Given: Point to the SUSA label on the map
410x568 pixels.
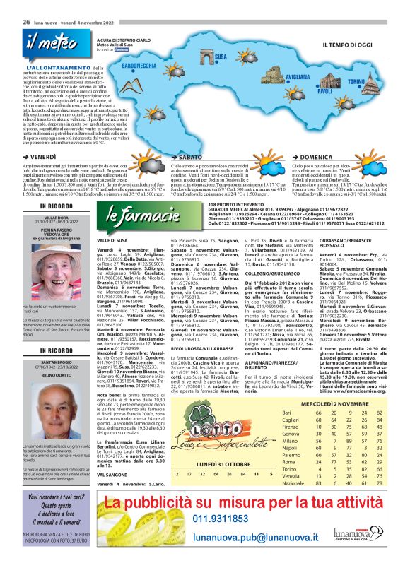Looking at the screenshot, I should tap(221, 56).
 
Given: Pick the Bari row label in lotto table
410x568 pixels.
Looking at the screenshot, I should tap(286, 412).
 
